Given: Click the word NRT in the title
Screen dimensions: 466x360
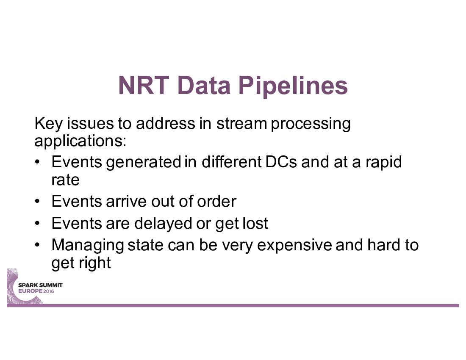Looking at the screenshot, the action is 144,85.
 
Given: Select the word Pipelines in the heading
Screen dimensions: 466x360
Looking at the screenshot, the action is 293,86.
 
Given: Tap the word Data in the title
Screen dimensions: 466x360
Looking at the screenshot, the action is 204,85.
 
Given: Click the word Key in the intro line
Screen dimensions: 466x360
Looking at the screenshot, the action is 48,124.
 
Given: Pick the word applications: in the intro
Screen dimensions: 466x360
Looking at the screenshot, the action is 80,141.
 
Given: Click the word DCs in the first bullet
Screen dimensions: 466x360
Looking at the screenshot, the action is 281,162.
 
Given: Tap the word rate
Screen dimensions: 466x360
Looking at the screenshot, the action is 65,180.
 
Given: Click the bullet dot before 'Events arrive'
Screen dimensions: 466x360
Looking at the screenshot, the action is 37,202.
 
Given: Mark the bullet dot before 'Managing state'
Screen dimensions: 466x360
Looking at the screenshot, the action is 37,245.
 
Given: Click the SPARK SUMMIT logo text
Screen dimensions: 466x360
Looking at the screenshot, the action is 40,285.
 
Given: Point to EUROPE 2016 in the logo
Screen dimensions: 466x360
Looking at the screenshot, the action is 36,291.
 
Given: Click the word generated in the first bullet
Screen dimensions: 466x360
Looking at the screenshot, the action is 144,163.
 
